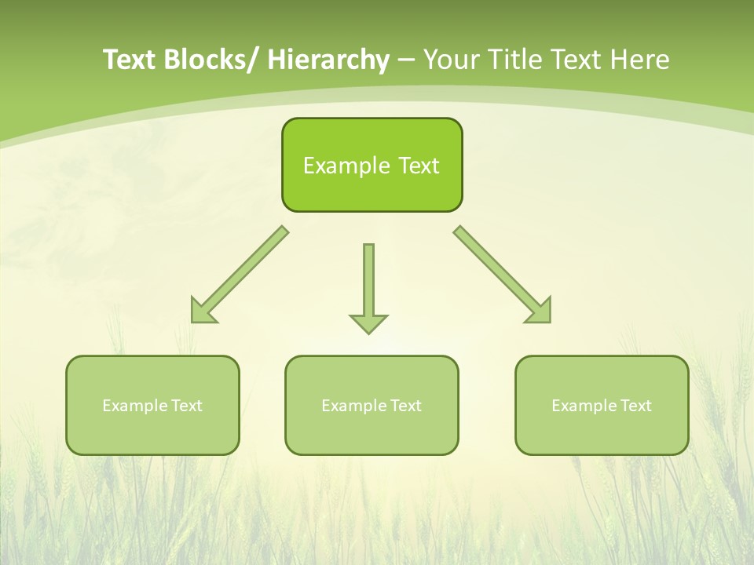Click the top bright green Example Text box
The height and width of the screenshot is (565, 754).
pos(372,165)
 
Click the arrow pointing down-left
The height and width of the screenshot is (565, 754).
pos(239,275)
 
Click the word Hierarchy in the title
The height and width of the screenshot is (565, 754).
pos(328,60)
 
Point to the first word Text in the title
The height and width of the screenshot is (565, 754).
pos(130,60)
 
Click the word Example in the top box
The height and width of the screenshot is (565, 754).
pos(346,166)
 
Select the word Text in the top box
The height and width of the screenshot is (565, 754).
pos(419,166)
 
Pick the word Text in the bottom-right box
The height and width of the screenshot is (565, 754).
pos(635,406)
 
